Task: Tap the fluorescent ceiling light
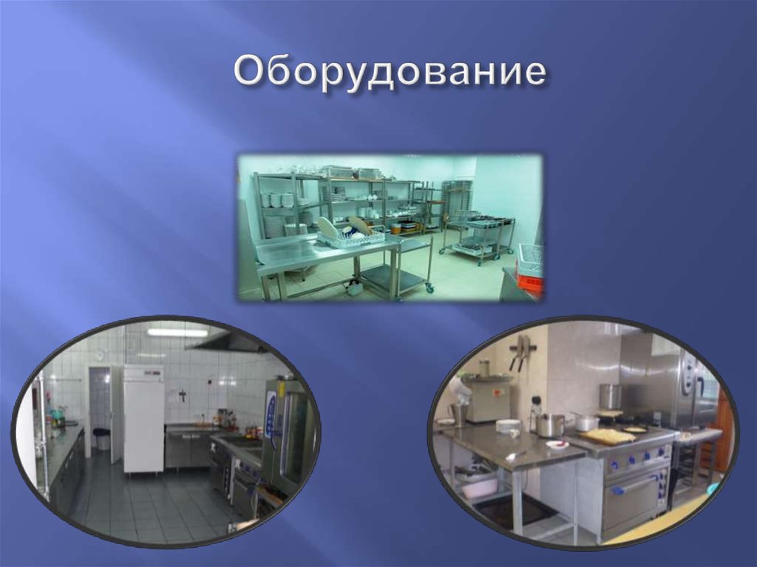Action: pos(177,333)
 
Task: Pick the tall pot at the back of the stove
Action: pos(610,396)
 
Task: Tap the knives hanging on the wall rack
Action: pos(522,353)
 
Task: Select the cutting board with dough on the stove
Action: pos(607,437)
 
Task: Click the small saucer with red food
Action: pos(557,445)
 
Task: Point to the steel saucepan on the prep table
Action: pos(551,424)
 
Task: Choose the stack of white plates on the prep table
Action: pos(508,426)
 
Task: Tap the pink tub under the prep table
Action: pos(478,486)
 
